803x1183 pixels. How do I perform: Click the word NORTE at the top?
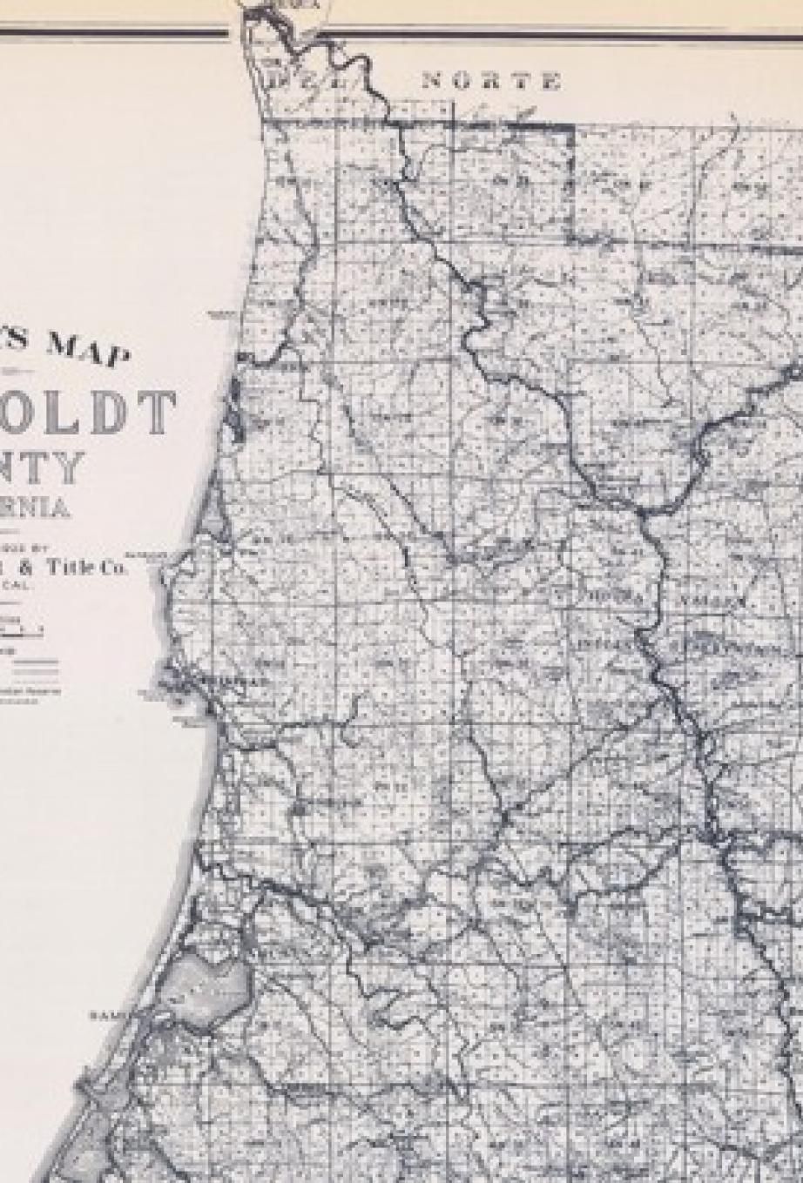(490, 82)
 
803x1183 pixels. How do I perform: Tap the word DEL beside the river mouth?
(292, 81)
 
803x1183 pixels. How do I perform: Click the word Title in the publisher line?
(75, 567)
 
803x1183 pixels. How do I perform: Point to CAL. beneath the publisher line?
(17, 586)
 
